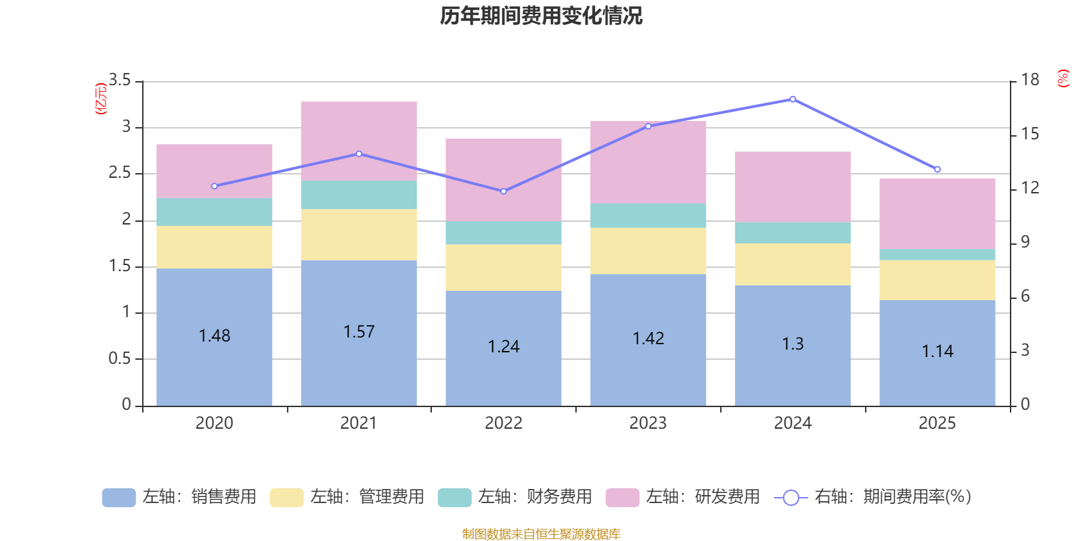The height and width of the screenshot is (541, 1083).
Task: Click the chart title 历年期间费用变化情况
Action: (541, 16)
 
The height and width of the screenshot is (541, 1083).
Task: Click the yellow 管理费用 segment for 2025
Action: (937, 280)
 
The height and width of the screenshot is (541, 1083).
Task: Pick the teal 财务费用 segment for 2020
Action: (214, 212)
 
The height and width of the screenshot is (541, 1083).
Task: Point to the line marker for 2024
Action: (793, 99)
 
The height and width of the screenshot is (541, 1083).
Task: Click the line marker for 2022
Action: (504, 191)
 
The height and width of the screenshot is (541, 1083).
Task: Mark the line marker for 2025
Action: (937, 169)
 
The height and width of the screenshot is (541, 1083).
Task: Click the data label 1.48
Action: (215, 336)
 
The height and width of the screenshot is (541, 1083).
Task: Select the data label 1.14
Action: (937, 352)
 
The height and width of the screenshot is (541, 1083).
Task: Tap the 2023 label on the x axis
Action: (648, 423)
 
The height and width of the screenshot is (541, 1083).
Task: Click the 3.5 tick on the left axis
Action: (120, 80)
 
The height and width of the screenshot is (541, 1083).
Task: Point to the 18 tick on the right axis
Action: (1030, 80)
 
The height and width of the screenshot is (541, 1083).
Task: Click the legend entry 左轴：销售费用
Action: (179, 497)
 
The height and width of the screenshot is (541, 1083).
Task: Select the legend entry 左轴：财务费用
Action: (515, 497)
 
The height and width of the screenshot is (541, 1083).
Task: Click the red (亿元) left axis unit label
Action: (101, 99)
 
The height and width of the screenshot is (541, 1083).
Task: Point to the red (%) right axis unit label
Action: (1063, 78)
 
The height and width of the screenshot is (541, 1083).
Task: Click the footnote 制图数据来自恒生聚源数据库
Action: (541, 534)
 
